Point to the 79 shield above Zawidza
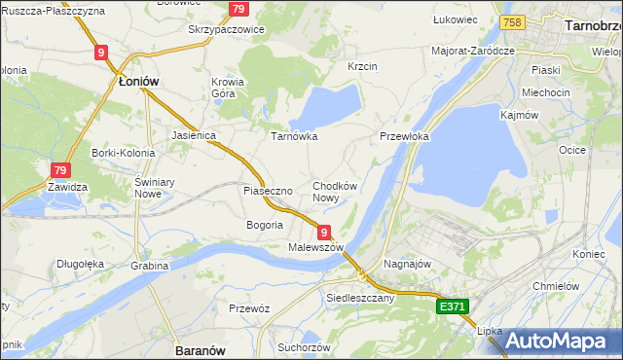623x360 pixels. coord(60,169)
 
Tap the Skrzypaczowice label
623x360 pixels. coord(226,29)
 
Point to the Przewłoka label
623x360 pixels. coord(404,137)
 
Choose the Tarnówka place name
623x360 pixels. coord(294,136)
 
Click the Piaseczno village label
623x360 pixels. coord(268,191)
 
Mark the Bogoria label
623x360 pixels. coord(265,225)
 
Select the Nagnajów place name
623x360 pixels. coord(408,264)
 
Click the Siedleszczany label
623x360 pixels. coord(360,298)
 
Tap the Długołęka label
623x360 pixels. coord(80,263)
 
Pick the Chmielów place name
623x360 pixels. coord(558,286)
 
